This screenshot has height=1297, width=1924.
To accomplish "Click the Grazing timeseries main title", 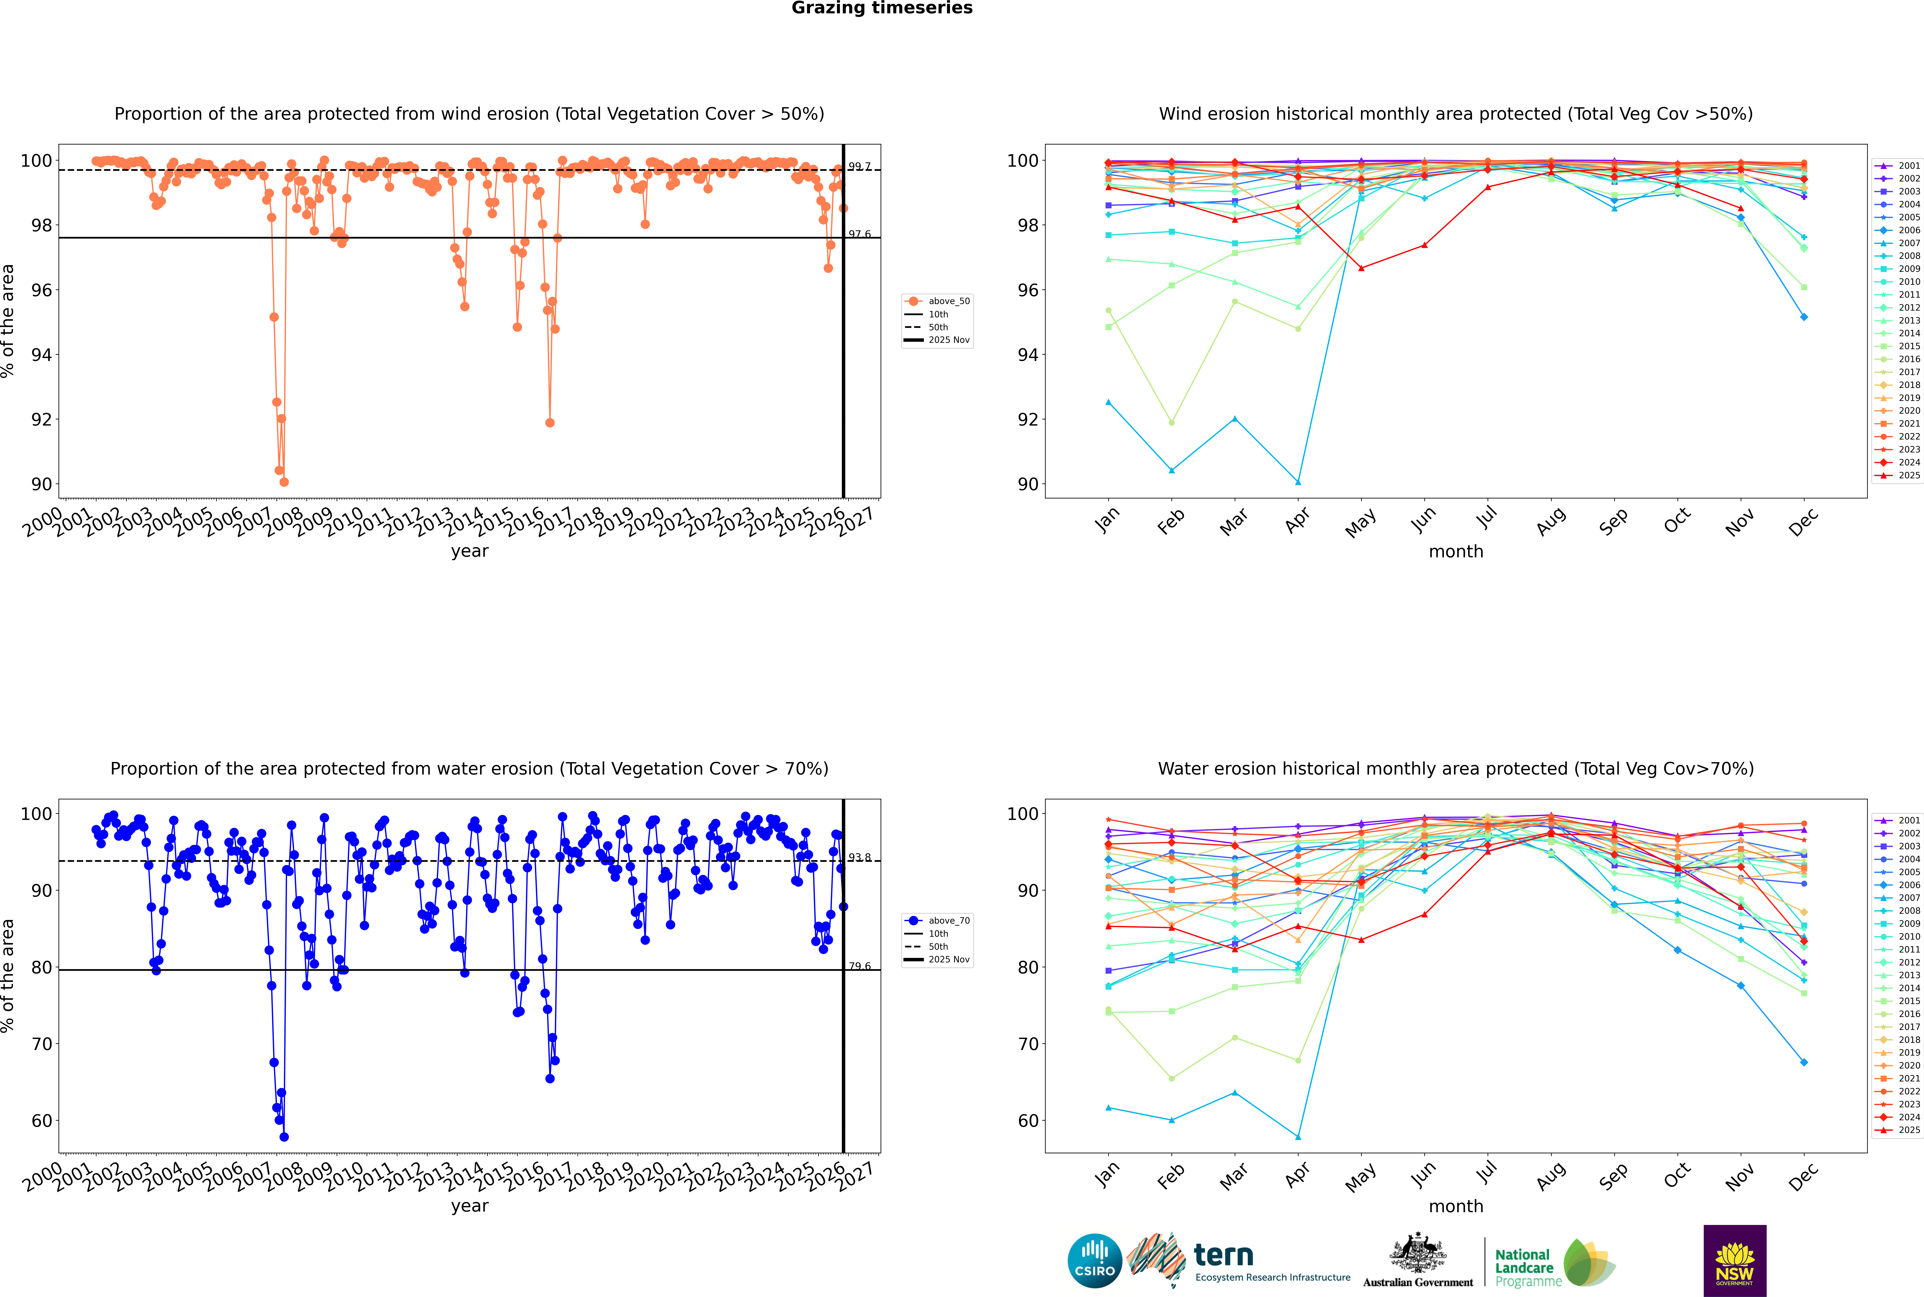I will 882,8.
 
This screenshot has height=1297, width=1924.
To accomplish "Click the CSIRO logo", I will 1094,1261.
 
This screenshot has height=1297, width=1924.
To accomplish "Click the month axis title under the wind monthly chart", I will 1456,552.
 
